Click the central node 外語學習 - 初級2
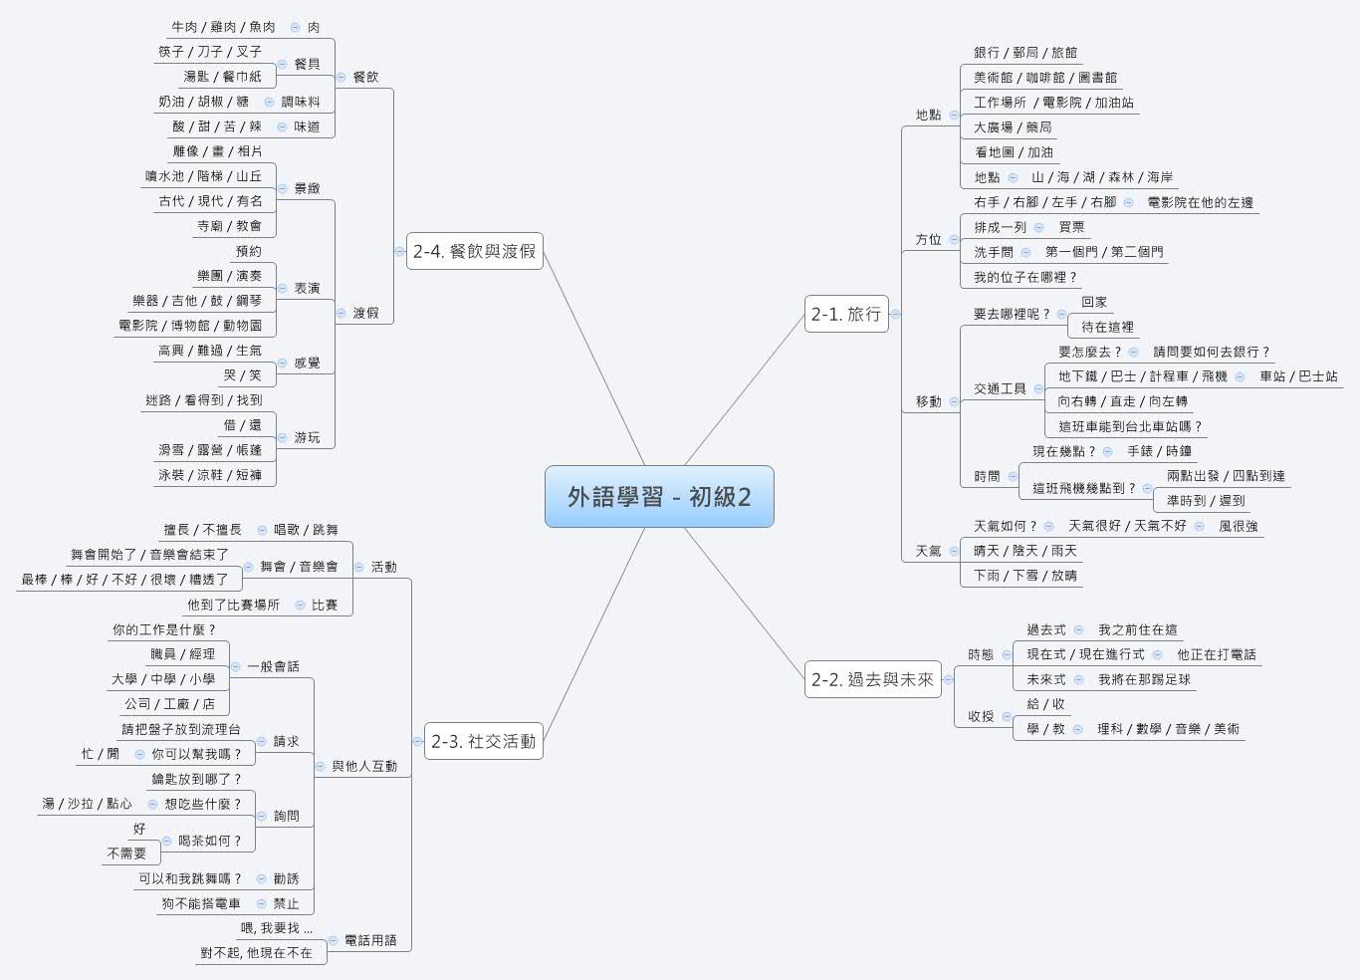[659, 496]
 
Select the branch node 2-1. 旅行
[845, 314]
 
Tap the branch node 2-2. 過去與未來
[872, 679]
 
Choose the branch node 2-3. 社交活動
[483, 741]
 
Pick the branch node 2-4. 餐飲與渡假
[474, 251]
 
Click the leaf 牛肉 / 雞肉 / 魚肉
[223, 27]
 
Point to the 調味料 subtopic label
[301, 102]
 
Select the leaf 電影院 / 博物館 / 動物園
[190, 326]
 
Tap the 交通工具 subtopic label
[1000, 388]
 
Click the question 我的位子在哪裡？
[1025, 277]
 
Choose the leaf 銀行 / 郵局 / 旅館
[1024, 52]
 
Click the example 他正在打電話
[1216, 654]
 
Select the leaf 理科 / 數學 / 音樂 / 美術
[1168, 729]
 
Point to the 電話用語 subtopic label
[370, 940]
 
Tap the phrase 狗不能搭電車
[201, 903]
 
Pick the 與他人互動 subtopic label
[364, 766]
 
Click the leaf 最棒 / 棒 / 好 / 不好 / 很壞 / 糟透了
[124, 579]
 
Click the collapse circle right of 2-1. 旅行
[895, 314]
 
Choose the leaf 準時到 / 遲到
[1206, 501]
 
